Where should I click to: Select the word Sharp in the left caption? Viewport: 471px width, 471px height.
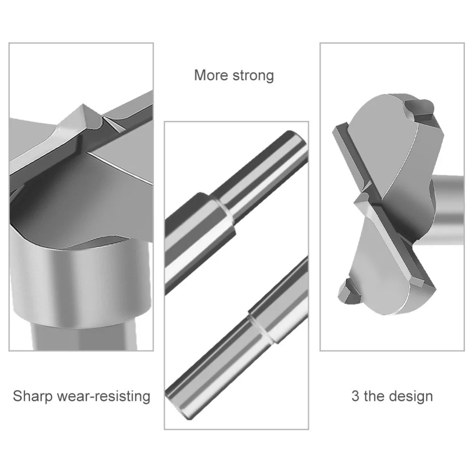[x=32, y=396]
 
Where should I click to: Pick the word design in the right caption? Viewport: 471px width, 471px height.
[x=411, y=396]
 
